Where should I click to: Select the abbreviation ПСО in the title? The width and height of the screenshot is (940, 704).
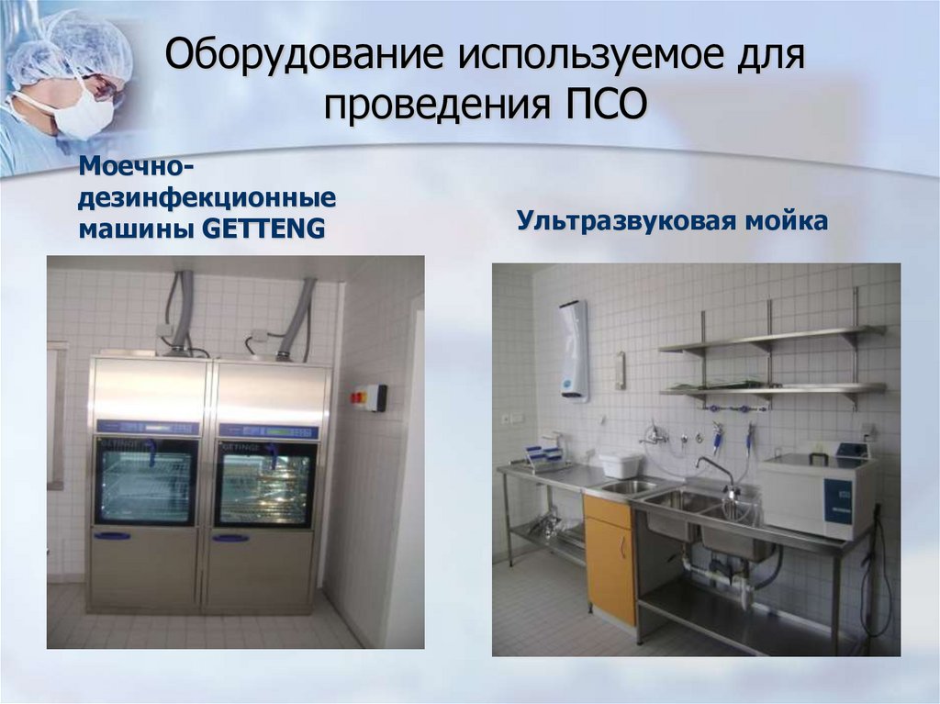[603, 103]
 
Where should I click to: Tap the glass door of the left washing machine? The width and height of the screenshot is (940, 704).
[147, 482]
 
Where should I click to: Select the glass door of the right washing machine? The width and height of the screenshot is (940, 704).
[265, 484]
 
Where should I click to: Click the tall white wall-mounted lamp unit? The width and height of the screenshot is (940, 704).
[575, 350]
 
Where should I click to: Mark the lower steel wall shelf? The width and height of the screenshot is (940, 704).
[771, 389]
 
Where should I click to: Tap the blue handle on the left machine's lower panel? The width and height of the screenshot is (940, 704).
[113, 536]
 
